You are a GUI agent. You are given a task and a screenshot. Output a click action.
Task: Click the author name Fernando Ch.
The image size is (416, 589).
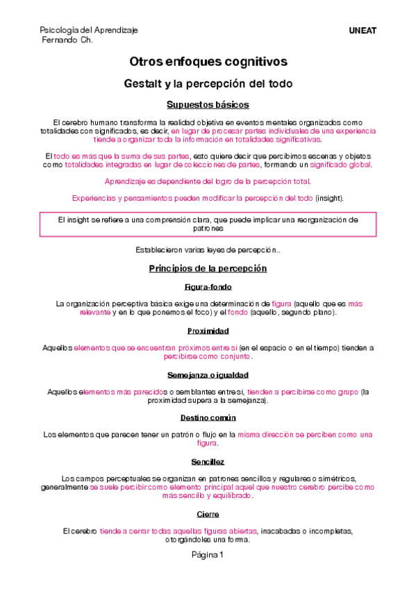point(67,40)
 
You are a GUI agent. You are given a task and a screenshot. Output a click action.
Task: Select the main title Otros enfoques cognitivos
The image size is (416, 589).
point(208,63)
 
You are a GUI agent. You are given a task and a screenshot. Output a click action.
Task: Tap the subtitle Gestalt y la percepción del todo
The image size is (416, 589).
point(208,84)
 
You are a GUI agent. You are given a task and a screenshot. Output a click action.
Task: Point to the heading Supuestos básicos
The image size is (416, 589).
point(208,105)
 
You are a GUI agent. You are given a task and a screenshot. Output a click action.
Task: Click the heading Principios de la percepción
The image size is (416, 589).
point(208,268)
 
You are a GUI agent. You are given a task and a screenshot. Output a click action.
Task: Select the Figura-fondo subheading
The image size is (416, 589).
point(208,287)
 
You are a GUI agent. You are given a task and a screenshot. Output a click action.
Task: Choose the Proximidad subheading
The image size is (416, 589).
point(208,331)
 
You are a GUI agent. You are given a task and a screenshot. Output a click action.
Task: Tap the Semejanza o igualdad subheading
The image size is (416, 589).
point(208,375)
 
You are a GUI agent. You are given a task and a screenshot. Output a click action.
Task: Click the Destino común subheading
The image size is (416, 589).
point(208,418)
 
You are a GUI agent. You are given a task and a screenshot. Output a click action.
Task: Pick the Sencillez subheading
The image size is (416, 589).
point(208,462)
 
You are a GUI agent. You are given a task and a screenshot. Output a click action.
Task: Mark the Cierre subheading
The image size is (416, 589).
point(208,514)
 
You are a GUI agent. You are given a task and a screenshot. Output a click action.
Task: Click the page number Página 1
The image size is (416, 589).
point(208,555)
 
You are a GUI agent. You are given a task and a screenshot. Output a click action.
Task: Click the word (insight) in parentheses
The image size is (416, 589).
point(329,198)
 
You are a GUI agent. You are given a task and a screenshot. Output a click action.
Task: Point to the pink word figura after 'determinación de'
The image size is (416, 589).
point(281,304)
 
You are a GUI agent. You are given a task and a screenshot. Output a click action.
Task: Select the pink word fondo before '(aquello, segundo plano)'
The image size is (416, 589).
point(236,313)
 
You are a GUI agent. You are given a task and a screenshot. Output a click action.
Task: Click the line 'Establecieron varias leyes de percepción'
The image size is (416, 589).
point(208,249)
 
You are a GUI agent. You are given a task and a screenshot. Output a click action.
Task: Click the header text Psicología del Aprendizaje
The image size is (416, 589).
point(89,30)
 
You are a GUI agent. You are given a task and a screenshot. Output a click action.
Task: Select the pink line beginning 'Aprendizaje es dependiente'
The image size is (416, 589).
point(208,181)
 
